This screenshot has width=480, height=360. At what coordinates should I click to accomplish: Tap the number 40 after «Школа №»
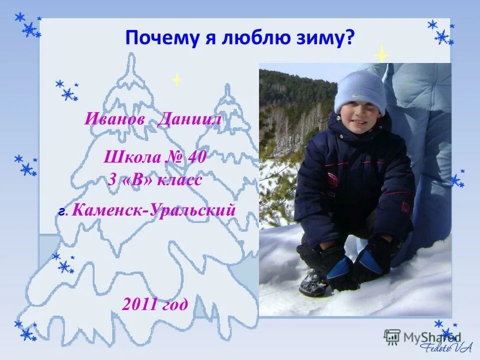coord(196,157)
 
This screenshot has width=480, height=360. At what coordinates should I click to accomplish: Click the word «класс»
coord(179,180)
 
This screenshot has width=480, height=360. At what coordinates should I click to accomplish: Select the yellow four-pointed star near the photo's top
coord(382,53)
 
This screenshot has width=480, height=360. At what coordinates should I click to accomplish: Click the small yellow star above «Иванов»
coord(176,79)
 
